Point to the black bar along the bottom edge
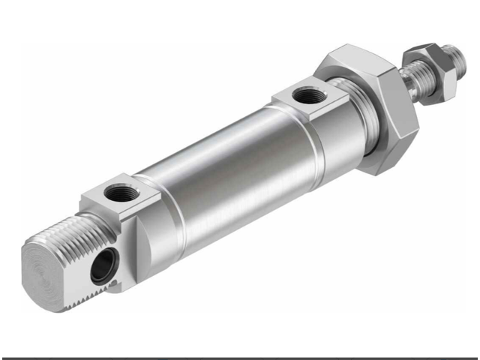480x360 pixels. click(240, 358)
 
